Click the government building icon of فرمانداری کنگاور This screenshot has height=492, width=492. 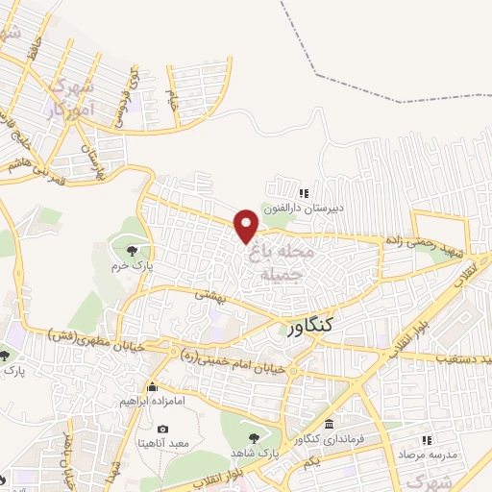pyautogui.click(x=330, y=424)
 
